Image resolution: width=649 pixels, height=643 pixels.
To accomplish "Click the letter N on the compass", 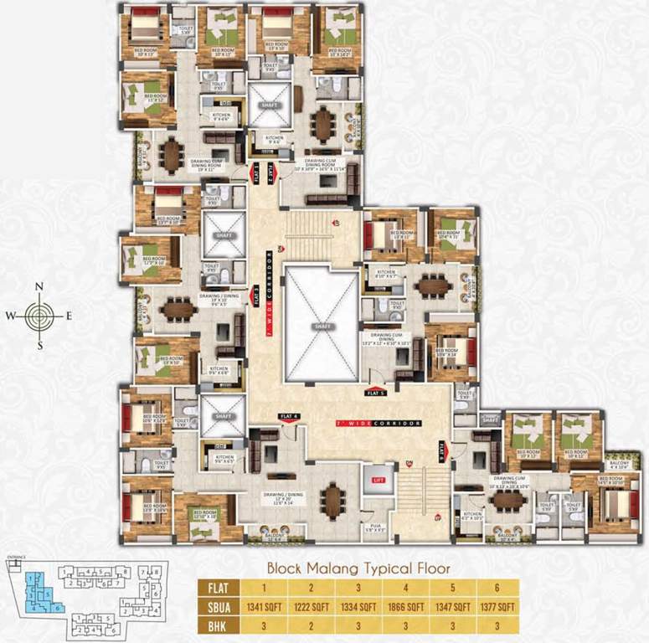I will click(39, 287).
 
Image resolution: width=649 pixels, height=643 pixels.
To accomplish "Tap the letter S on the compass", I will click(39, 344).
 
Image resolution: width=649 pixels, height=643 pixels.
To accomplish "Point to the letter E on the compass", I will click(70, 316).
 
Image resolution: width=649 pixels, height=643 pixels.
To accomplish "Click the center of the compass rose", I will click(39, 316).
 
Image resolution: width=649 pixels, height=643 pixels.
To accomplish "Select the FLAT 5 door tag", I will click(374, 391).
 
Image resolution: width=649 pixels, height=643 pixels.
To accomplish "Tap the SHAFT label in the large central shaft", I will click(320, 325).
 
